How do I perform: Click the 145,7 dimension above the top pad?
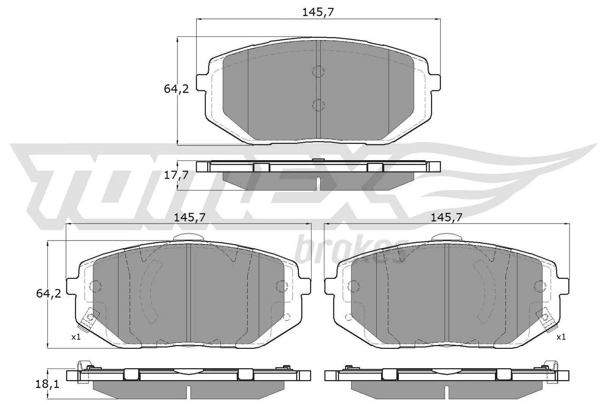tap(318, 13)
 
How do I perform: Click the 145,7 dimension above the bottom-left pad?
tap(189, 217)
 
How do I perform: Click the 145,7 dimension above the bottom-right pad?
tap(447, 217)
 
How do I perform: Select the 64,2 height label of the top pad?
tap(176, 89)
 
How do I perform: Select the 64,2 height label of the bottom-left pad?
tap(48, 293)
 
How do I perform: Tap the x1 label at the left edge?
tap(76, 337)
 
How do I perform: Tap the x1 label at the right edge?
tap(561, 337)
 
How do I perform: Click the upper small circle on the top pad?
tap(318, 71)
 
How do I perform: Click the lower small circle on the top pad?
tap(318, 104)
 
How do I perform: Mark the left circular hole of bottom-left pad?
tap(96, 285)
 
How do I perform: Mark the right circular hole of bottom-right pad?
tap(539, 285)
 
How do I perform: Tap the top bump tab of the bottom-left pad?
tap(189, 237)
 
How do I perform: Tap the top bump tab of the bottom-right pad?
tap(447, 237)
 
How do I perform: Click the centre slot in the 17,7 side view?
tap(318, 183)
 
